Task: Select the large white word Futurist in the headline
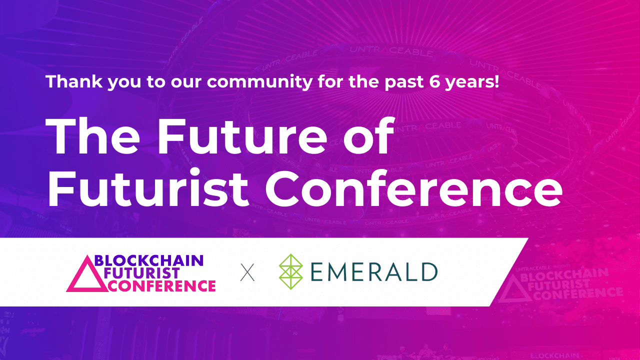pos(148,189)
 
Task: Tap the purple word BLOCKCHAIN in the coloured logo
pos(148,260)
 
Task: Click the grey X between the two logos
pos(247,273)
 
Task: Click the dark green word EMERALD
pos(374,272)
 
